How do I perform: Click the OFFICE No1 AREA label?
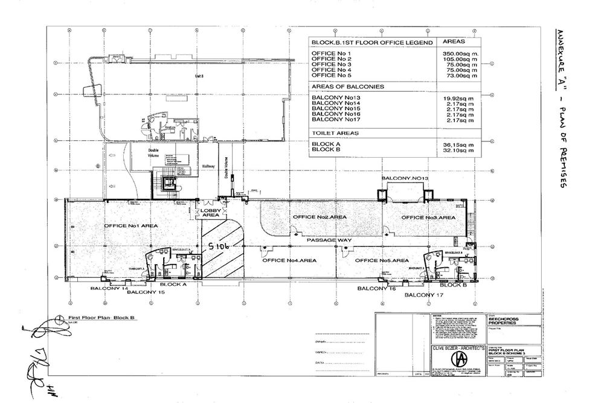[x=131, y=225]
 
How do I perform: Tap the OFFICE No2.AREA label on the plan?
[x=320, y=217]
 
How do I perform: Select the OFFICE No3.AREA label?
[x=428, y=218]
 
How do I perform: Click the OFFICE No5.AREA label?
[x=382, y=260]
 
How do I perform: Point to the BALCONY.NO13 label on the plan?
[x=405, y=179]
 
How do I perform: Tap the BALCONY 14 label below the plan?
[x=110, y=289]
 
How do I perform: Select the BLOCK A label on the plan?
[x=172, y=283]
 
